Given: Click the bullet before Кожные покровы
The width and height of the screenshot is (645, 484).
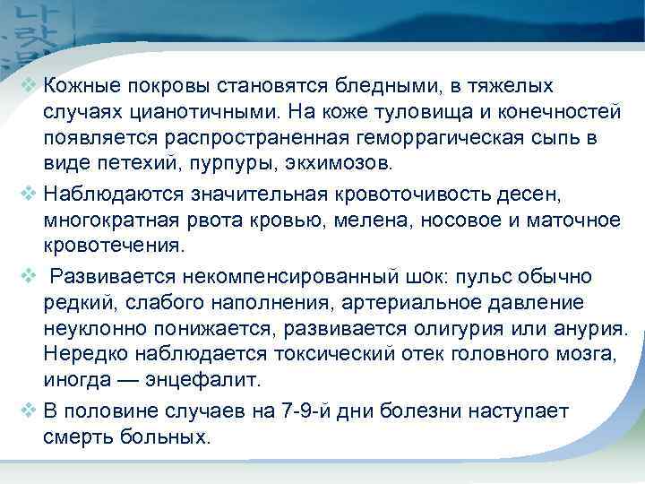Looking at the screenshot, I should [30, 87].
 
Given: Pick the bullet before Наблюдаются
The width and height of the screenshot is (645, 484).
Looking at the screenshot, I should [30, 194].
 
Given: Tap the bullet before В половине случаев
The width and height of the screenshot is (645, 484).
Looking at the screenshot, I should [30, 411].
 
